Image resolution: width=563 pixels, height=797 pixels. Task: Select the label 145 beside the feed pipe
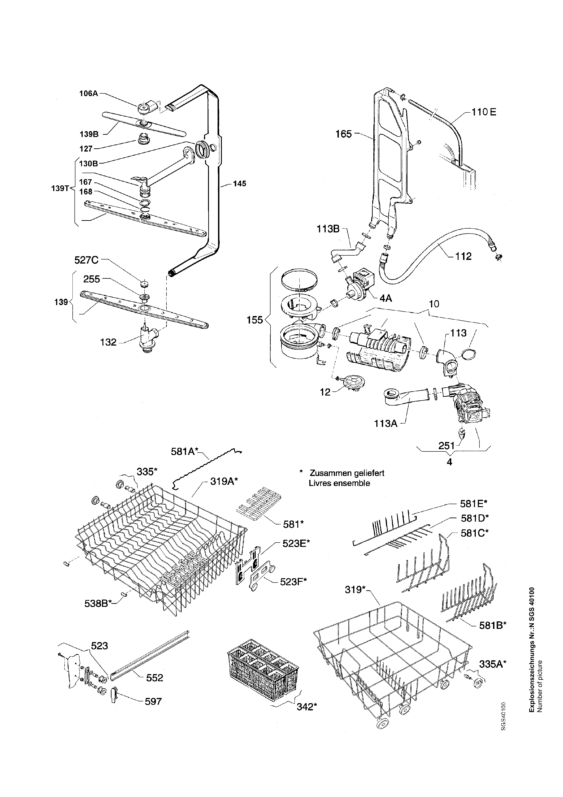(239, 183)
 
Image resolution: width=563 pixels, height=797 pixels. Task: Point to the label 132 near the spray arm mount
(108, 342)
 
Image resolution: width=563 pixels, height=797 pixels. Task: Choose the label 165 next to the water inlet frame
(343, 134)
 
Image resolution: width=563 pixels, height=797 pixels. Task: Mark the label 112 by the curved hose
(464, 256)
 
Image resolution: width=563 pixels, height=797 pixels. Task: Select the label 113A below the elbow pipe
(386, 423)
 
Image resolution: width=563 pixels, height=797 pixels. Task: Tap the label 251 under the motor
(446, 446)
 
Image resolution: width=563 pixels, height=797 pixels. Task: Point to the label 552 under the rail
(154, 677)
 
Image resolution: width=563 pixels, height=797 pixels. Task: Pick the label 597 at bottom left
(153, 702)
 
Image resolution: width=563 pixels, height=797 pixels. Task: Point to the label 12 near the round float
(325, 393)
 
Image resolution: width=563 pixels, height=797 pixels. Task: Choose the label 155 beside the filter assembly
(255, 320)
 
